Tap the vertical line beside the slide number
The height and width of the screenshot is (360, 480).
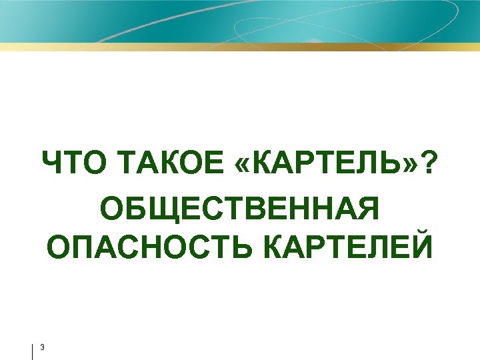click(32, 351)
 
